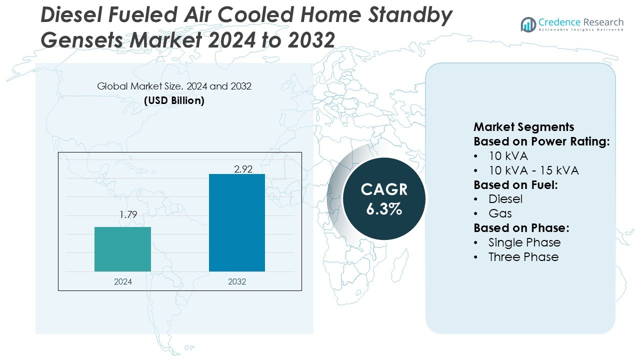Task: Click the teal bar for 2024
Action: [122, 249]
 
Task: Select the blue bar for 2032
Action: [236, 222]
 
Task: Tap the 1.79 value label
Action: [128, 215]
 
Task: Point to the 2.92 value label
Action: [243, 169]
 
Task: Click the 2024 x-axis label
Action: [123, 281]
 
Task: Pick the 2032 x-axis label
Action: [237, 281]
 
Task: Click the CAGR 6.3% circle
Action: [384, 198]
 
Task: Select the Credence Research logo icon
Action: [528, 24]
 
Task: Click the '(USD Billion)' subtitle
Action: [174, 100]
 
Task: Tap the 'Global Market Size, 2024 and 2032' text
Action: [174, 86]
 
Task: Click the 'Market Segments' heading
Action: [524, 127]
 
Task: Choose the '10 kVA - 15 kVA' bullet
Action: [533, 170]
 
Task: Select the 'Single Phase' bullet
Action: [524, 242]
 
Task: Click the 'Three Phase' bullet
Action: [523, 257]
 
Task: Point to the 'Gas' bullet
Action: [500, 213]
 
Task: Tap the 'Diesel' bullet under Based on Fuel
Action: [505, 199]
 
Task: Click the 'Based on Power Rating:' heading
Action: [541, 141]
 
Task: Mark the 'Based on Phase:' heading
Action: [521, 228]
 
